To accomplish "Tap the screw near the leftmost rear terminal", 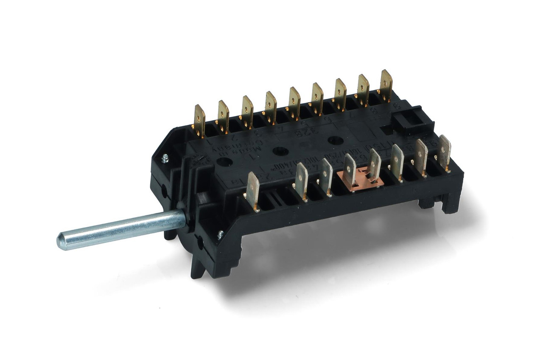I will tap(165, 158).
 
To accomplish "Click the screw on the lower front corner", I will tap(220, 233).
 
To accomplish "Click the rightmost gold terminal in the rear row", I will tap(386, 85).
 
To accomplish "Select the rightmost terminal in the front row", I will tap(444, 152).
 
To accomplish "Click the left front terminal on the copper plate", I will tap(350, 170).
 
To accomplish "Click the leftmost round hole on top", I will tap(225, 161).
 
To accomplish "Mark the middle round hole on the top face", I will tap(280, 151).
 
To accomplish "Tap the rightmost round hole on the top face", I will tap(335, 140).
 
